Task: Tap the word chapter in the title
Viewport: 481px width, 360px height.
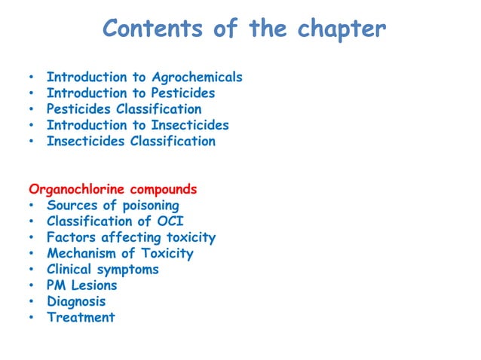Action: tap(342, 29)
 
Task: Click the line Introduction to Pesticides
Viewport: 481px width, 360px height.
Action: tap(130, 93)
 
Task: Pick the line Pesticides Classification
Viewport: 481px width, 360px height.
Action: tap(124, 109)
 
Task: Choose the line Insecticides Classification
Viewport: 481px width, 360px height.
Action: tap(130, 141)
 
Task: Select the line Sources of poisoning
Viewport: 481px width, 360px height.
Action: tap(112, 205)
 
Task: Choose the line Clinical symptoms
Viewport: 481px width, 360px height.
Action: tap(103, 270)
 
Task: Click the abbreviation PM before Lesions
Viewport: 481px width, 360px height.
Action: tap(57, 285)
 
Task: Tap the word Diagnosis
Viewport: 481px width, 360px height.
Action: tap(76, 301)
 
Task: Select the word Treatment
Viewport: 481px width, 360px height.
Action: tap(81, 317)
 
